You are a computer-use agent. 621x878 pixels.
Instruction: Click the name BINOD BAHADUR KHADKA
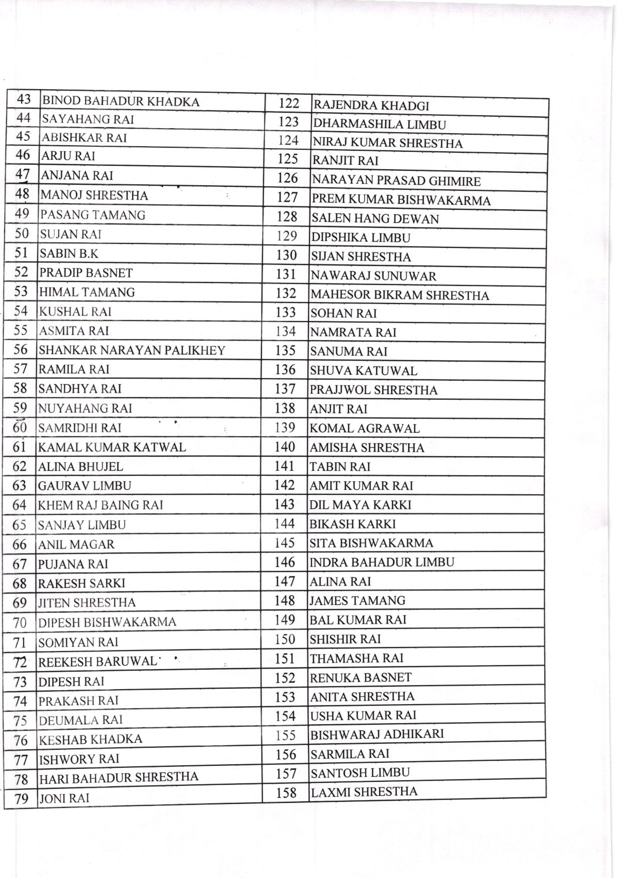[121, 102]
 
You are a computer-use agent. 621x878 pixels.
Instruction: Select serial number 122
[288, 104]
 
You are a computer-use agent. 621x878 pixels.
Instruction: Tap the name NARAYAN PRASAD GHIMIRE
[396, 181]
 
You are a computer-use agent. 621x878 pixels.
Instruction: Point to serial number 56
[21, 350]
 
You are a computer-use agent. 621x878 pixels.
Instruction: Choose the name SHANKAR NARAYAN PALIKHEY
[132, 351]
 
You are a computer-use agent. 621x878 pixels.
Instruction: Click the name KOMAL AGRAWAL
[365, 429]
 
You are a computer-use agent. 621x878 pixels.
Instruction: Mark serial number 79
[21, 799]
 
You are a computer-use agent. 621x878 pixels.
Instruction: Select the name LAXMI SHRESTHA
[364, 792]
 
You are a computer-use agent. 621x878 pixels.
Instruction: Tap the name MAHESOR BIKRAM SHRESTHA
[400, 296]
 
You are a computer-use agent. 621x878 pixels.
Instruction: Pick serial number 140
[285, 447]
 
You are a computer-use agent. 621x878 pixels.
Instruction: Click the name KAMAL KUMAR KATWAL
[112, 447]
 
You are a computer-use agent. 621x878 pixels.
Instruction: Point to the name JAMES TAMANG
[357, 601]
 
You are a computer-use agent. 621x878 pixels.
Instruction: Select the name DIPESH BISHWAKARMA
[107, 623]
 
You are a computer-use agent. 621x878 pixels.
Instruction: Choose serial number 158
[286, 793]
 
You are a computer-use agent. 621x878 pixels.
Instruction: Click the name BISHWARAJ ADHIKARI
[377, 735]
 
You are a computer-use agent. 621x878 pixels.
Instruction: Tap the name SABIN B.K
[69, 254]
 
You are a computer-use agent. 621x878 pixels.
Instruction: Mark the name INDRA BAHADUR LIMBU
[382, 562]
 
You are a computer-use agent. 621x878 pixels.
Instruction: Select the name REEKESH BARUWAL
[98, 662]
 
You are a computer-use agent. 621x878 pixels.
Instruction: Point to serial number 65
[20, 525]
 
